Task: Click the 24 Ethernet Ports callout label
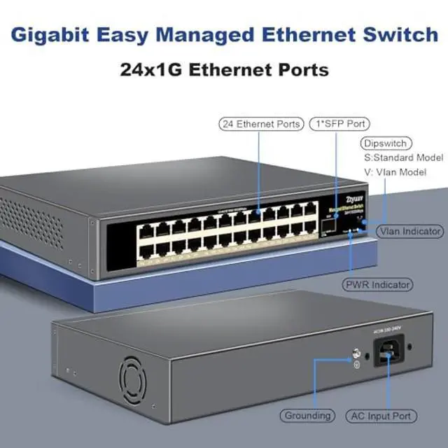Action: tap(260, 124)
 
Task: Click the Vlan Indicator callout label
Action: tap(409, 231)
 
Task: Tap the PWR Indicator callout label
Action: tap(377, 285)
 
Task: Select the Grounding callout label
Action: tap(307, 416)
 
